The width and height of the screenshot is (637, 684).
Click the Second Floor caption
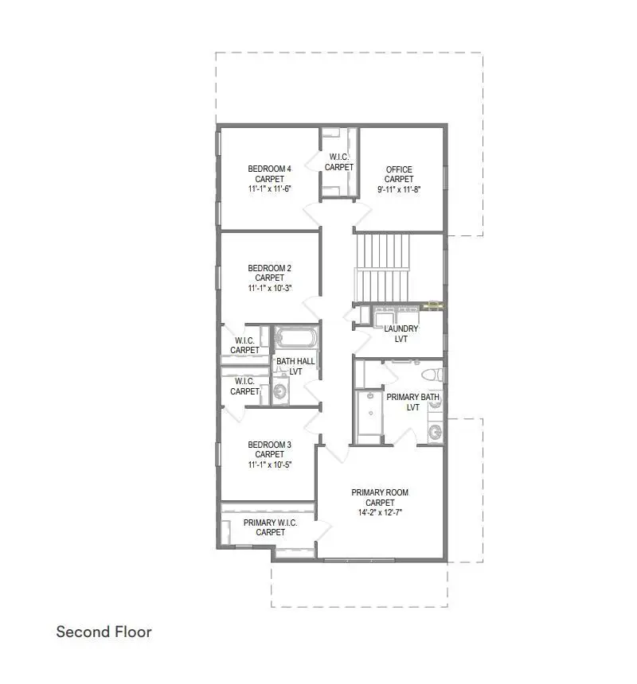click(x=104, y=632)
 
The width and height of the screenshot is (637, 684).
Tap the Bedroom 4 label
click(x=270, y=169)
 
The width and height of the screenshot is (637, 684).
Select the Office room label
click(x=399, y=169)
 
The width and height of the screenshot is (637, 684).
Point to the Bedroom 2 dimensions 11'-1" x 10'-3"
click(x=270, y=288)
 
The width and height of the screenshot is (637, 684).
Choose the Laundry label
click(x=401, y=328)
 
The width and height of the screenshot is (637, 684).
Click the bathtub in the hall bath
click(x=295, y=340)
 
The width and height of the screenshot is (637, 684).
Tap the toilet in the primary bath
click(x=431, y=375)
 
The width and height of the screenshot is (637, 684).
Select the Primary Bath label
click(x=412, y=397)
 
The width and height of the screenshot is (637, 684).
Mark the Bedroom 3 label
click(x=270, y=445)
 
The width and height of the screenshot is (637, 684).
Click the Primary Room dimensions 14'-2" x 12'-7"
click(x=380, y=513)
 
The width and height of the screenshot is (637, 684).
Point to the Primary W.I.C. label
click(x=270, y=523)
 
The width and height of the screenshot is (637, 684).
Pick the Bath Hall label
click(x=295, y=361)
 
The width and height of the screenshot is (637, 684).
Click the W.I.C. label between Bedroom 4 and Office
click(x=339, y=157)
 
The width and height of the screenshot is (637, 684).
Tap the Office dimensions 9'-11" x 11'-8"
click(x=399, y=189)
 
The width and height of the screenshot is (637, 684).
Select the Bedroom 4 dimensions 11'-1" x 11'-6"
click(x=270, y=189)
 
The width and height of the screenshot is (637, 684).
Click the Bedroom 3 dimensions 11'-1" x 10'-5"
click(x=270, y=464)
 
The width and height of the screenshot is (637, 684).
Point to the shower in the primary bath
click(x=368, y=415)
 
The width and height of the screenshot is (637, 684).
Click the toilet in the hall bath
click(x=279, y=391)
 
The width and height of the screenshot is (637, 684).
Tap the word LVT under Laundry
click(x=401, y=339)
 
